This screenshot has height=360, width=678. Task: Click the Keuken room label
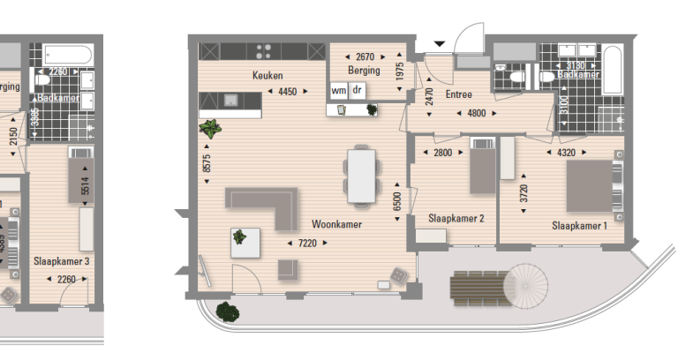point(267,76)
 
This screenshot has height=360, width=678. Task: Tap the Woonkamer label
point(336,224)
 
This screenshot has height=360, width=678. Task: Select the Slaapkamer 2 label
point(456,217)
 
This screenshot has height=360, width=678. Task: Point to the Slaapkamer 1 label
point(580,225)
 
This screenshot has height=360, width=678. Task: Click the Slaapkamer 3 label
point(62,261)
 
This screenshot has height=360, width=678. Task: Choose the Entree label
point(458,94)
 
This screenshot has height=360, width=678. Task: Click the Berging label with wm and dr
point(365,71)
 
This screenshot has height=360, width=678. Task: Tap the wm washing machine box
point(339,90)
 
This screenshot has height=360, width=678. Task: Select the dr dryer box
point(358,90)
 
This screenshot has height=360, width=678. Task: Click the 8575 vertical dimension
point(207,162)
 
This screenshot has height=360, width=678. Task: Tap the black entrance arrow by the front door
point(440,43)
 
